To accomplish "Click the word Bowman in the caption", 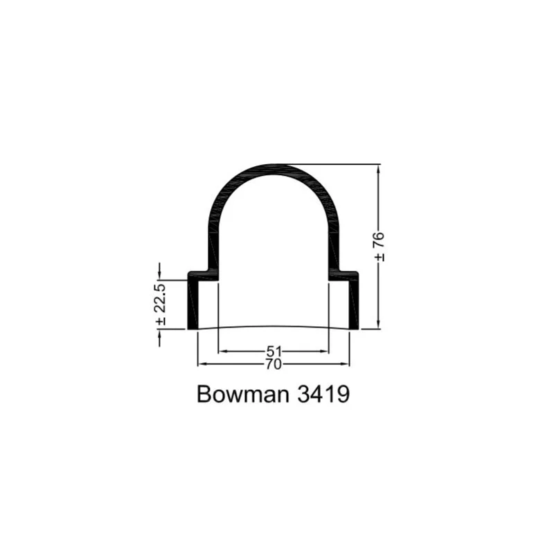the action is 243,394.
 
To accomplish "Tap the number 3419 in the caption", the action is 323,394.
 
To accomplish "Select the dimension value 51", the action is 274,352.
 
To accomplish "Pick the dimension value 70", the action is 274,364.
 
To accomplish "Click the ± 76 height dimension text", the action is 379,247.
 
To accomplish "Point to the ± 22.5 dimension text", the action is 160,304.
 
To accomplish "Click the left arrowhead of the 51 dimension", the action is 223,352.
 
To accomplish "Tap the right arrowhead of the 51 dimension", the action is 324,352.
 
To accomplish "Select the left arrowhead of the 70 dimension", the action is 202,364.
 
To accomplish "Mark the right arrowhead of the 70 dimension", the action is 345,364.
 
